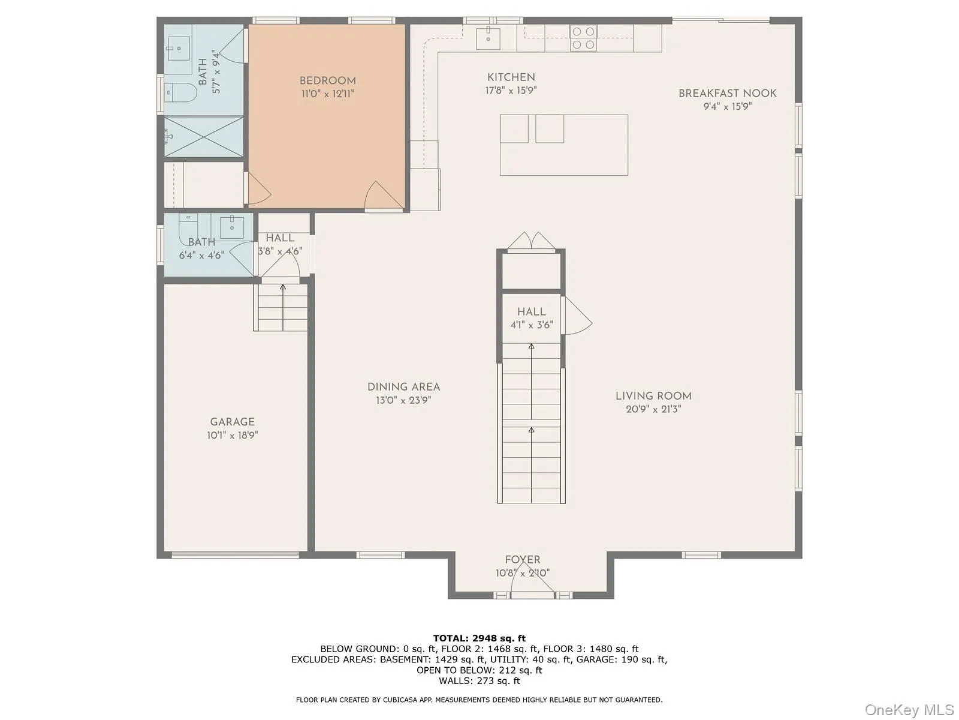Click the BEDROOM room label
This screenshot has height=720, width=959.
pos(327,80)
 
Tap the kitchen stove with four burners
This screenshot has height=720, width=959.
pos(583,38)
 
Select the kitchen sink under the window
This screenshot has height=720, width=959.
pos(488,38)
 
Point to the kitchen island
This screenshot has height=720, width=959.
pos(563,145)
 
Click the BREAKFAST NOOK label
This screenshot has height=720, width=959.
pos(727,93)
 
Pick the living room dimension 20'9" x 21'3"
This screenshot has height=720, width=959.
pos(653,409)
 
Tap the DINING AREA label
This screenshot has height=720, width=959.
pos(403,387)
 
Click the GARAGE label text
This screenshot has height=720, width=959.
pos(232,422)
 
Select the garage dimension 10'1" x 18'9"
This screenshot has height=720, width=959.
pos(232,436)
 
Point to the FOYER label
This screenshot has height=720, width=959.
pos(522,559)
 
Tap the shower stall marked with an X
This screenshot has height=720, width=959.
pos(204,137)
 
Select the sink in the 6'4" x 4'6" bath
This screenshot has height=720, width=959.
pos(231,227)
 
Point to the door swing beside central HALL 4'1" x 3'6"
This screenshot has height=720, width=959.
pos(576,318)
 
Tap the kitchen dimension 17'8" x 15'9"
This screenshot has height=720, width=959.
pos(511,91)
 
